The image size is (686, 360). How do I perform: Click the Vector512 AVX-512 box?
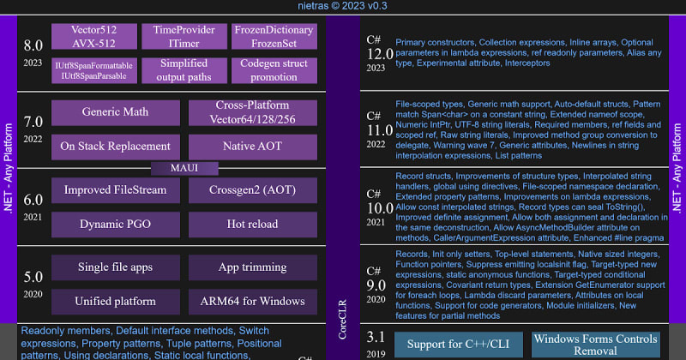point(93,36)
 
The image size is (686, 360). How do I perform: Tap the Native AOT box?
point(251,146)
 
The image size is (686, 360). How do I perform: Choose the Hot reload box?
point(251,224)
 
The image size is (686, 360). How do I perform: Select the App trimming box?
point(251,267)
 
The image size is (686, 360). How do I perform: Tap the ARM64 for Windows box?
point(251,301)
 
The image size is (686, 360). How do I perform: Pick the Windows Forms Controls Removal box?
point(595,345)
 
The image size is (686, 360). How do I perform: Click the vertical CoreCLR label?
point(343,309)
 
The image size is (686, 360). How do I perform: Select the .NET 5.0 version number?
point(33,277)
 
